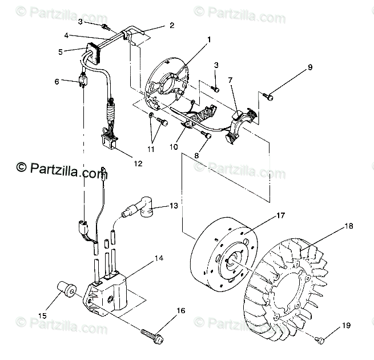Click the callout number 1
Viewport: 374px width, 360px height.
pyautogui.click(x=208, y=40)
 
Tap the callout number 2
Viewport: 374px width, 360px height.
pyautogui.click(x=172, y=25)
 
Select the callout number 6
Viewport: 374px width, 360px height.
pyautogui.click(x=57, y=82)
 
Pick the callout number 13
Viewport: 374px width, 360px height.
pyautogui.click(x=174, y=205)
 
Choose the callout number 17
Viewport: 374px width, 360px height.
pyautogui.click(x=280, y=215)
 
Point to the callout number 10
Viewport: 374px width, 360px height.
pyautogui.click(x=174, y=146)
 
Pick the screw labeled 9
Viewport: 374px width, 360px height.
pyautogui.click(x=269, y=98)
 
